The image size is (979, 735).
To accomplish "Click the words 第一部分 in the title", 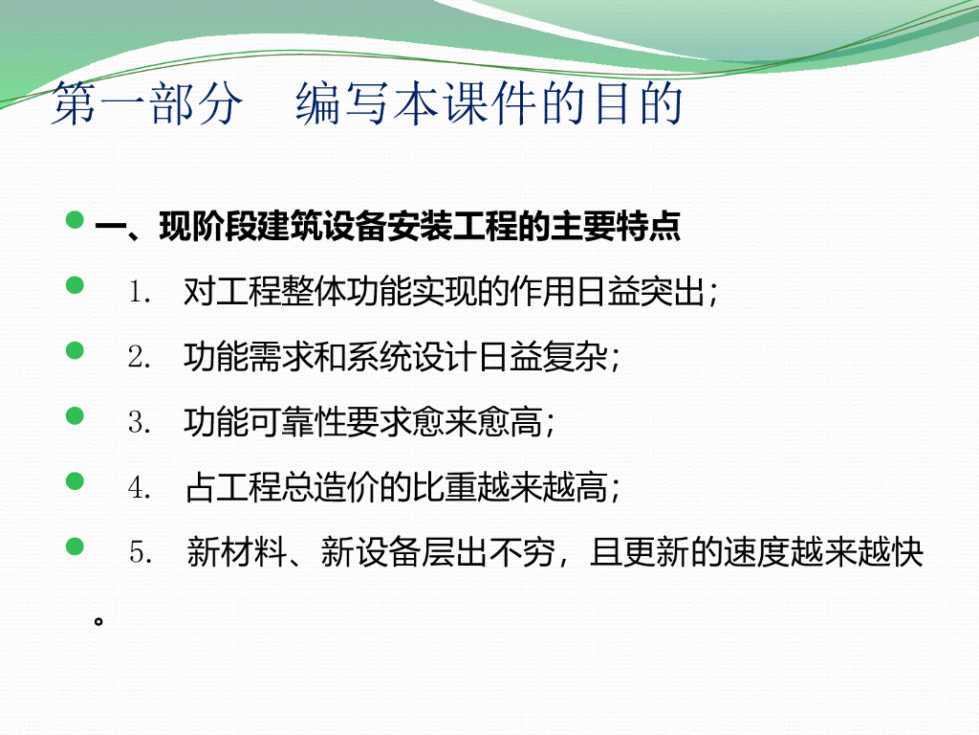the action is (147, 103).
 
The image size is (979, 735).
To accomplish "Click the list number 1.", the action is (140, 292).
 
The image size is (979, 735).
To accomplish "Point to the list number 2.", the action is (140, 357).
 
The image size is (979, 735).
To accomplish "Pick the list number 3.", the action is (140, 422).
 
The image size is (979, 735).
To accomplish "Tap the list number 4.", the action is (140, 487).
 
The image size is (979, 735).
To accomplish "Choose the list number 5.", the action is (141, 552).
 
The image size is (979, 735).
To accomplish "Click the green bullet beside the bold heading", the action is (75, 220).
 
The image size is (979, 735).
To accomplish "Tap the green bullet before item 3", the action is (75, 415).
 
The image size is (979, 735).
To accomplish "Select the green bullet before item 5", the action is (75, 546).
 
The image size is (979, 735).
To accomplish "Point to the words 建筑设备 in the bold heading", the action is (290, 226).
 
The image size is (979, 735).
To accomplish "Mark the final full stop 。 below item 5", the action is (98, 621).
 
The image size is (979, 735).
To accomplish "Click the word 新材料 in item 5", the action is (237, 552).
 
